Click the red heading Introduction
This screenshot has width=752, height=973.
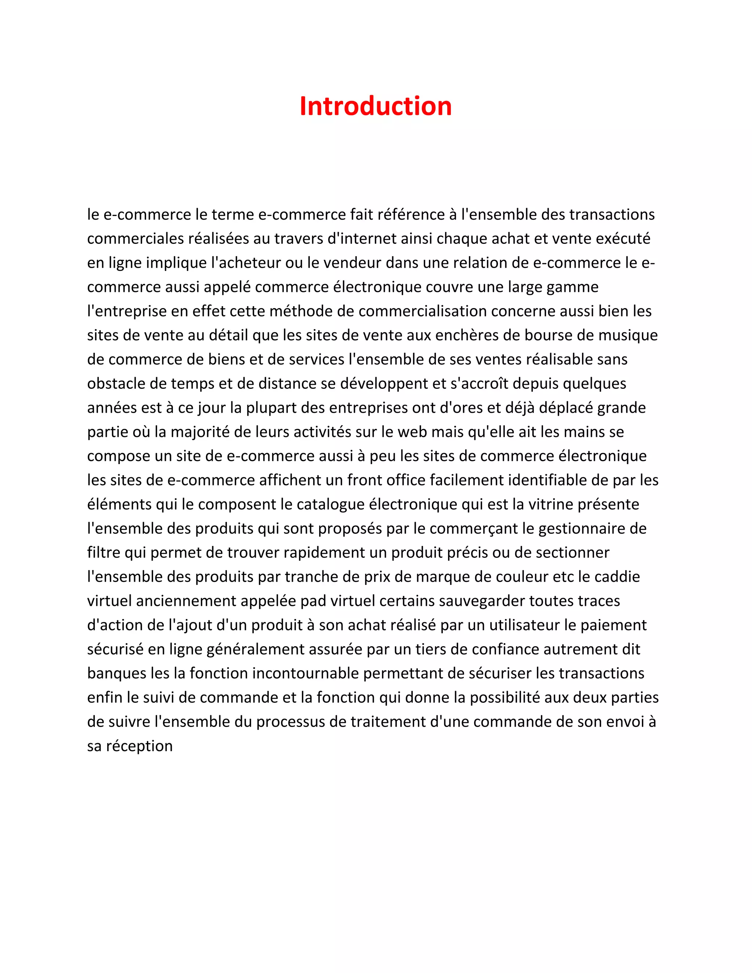click(x=376, y=106)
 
